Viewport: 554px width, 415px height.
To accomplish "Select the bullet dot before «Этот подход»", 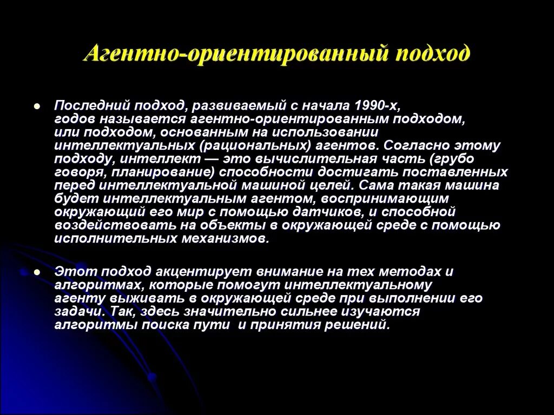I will [36, 272].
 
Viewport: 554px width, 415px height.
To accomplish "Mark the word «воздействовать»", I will [113, 225].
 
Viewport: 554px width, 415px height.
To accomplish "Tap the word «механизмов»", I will [230, 238].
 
